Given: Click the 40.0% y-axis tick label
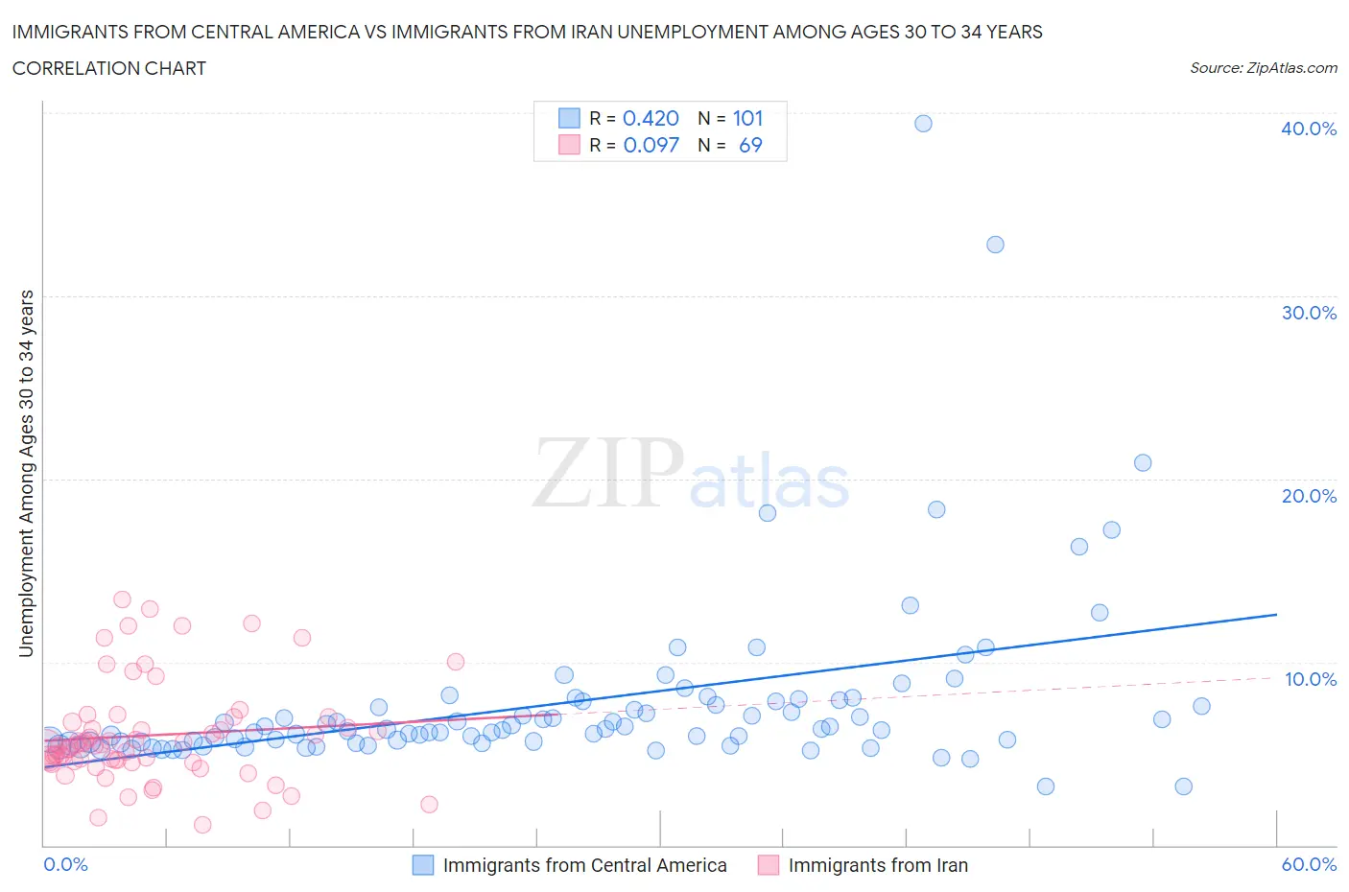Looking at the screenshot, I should point(1308,129).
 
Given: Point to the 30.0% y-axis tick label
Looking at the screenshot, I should point(1308,313).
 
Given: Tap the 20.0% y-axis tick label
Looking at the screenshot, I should point(1308,496).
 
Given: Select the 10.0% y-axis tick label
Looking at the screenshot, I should point(1310,679).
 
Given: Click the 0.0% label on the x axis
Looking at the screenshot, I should point(65,864).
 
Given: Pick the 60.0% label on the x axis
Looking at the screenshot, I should point(1309,864).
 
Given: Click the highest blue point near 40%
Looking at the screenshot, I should point(923,123).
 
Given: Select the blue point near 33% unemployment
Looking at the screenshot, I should point(995,245).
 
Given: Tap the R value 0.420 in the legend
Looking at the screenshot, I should point(651,118).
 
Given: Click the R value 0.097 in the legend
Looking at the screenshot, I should point(651,145).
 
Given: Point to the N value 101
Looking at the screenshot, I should point(747,118).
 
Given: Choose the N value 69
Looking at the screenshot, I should point(750,145).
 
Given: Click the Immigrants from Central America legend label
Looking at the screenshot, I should point(584,865).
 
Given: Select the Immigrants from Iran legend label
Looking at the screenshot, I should point(878,865).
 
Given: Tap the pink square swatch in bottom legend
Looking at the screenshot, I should point(769,865).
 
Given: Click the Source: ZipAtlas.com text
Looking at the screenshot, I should point(1263,68).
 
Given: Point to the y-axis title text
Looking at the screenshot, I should point(26,473).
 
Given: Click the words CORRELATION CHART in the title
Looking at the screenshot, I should point(109,68).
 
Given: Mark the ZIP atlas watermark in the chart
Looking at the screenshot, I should point(691,473).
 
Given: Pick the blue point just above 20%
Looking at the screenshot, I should point(1142,462).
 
